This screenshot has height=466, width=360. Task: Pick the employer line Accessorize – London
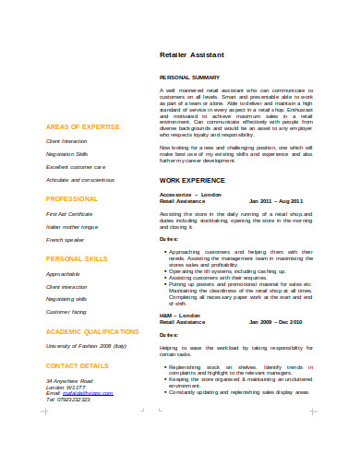click(191, 195)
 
